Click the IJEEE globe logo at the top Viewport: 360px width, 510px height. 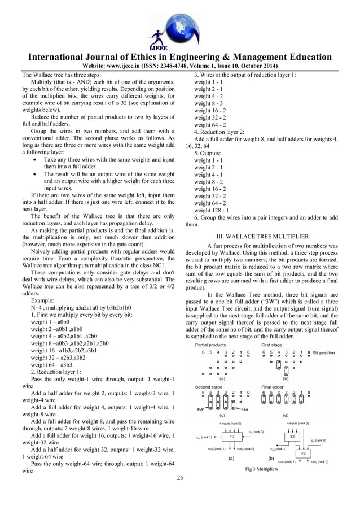[179, 25]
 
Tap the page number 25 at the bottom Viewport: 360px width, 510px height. [179, 479]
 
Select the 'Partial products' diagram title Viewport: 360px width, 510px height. [210, 344]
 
